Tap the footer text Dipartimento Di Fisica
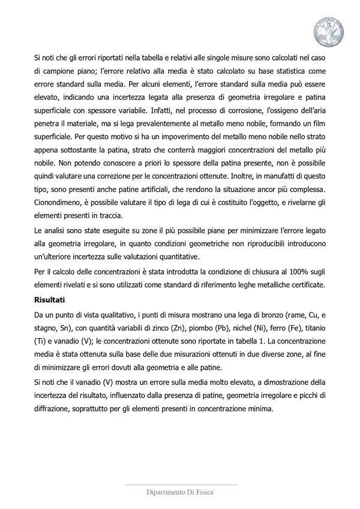tap(180, 492)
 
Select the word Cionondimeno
tap(61, 203)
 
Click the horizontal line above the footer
tap(180, 483)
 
